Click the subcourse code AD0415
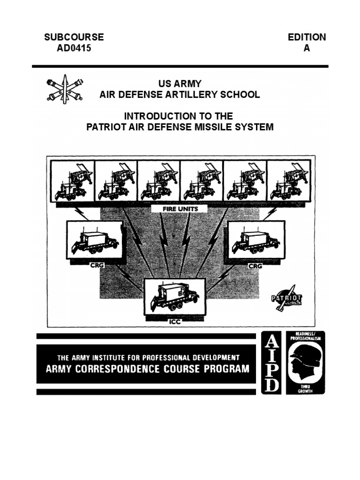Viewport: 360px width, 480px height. [74, 48]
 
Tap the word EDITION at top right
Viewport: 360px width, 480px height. [307, 37]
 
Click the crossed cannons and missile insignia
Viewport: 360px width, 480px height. [64, 90]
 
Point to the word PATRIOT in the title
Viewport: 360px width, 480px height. [106, 127]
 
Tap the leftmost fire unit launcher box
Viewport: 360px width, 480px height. [73, 181]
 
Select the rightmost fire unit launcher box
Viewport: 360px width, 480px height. [288, 181]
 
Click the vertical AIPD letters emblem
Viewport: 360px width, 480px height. [270, 362]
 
